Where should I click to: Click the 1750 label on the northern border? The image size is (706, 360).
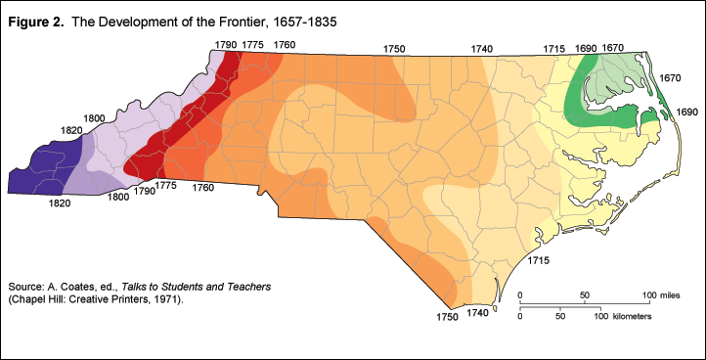coord(394,48)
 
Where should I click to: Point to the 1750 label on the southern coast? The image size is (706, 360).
coord(447,317)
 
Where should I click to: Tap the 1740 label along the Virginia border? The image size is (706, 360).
coord(481,48)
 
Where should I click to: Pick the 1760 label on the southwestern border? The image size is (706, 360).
coord(203,186)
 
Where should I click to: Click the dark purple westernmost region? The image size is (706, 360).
coord(44,172)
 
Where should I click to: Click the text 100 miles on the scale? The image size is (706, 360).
coord(664,294)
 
